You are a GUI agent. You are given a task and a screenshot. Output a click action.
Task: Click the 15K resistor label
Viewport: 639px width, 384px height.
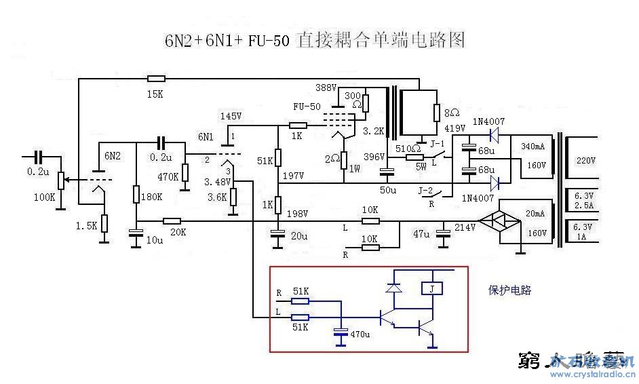(155, 94)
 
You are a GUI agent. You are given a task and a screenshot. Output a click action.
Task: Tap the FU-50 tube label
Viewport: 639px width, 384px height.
(307, 107)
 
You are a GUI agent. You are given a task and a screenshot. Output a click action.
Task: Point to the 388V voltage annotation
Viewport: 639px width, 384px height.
(326, 88)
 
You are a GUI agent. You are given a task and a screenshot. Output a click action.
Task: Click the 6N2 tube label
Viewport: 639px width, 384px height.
(112, 155)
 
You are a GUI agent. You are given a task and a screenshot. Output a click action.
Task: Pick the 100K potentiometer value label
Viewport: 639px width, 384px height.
(44, 197)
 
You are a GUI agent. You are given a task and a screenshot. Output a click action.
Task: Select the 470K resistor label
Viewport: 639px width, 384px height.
(168, 177)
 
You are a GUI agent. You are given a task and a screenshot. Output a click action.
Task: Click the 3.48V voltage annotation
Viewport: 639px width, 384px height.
(218, 182)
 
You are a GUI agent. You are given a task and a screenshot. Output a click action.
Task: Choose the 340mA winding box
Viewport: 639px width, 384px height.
(535, 155)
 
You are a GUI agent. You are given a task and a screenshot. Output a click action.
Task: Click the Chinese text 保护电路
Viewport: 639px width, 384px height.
(509, 290)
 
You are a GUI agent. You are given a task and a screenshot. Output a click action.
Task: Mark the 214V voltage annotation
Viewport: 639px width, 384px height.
(465, 227)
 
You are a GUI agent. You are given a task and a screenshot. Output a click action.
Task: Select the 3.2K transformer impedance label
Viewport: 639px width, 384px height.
(374, 130)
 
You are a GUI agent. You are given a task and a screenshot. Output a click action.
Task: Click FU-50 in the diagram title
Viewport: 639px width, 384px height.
(270, 41)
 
